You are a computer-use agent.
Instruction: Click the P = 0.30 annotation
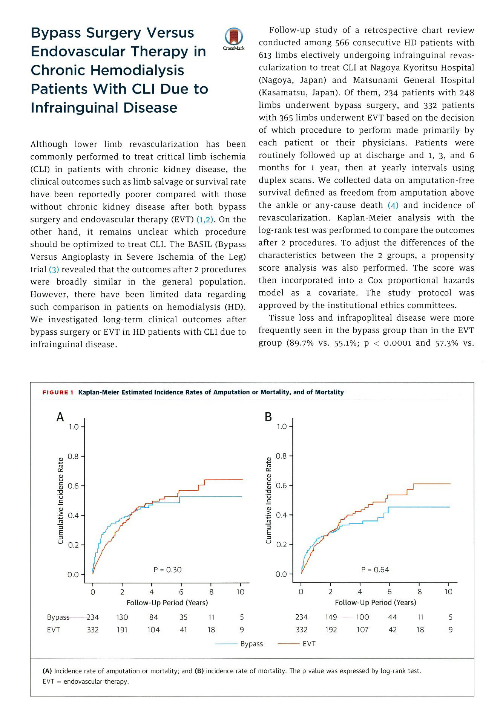tap(167, 569)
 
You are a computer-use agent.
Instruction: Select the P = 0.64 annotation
tap(375, 569)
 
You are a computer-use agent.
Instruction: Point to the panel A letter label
tap(60, 417)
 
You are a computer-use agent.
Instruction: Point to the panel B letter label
tap(268, 417)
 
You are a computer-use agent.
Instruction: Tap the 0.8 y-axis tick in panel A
tap(73, 456)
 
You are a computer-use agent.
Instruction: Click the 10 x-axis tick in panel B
tap(448, 592)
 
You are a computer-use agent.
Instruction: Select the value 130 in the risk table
tap(122, 617)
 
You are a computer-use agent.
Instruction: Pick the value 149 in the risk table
tap(331, 617)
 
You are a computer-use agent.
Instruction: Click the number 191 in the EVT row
tap(122, 630)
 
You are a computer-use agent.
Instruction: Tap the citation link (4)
tap(393, 205)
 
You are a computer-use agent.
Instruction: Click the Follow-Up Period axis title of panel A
tap(167, 603)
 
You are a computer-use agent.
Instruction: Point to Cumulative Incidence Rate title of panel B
tap(268, 500)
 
